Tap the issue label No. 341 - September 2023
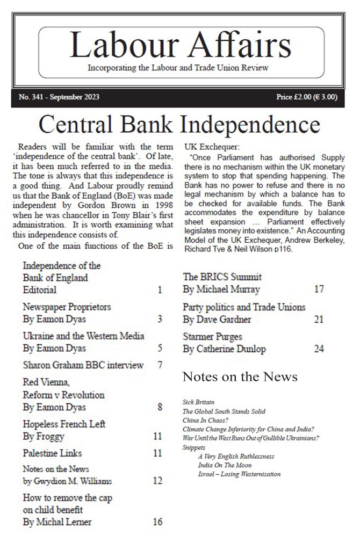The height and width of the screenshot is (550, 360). pos(59,97)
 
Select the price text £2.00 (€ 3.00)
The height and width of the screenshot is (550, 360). pos(307,97)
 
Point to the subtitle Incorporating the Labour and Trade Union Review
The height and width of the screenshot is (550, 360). pos(178,68)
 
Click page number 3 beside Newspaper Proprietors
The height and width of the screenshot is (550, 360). pos(160,319)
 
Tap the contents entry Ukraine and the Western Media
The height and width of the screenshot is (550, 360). pos(83,336)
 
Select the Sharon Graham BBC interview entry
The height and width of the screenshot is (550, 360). pos(83,365)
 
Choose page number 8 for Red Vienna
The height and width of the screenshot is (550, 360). pos(160,407)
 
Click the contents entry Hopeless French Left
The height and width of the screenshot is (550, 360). pos(64,424)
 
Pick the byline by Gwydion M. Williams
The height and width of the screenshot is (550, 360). pos(67,481)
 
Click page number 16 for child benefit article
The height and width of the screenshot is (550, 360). pos(157,522)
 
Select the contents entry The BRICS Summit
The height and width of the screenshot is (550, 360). pos(222,277)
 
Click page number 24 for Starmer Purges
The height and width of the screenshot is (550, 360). pos(319,349)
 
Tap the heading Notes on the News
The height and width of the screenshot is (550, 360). pos(240,377)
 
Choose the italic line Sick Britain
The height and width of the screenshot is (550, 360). pos(198,402)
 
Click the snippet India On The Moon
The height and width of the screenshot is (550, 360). pos(225,465)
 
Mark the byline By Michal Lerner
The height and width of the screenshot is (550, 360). pos(57,522)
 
